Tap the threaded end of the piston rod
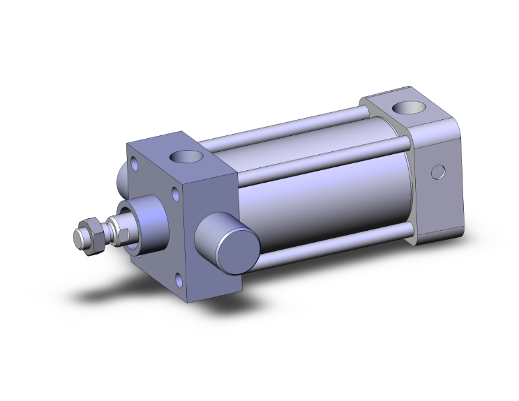(x=78, y=237)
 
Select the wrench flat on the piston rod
(x=112, y=229)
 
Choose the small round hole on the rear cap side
(x=437, y=171)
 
